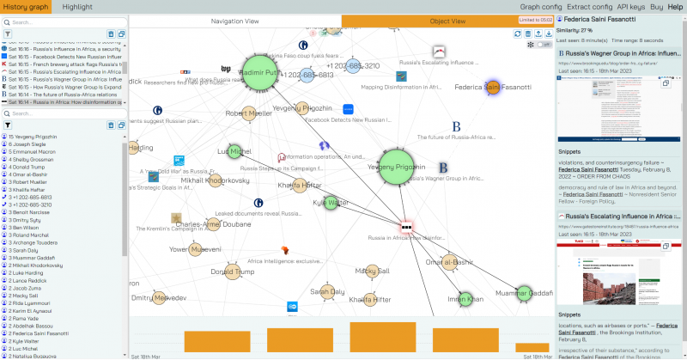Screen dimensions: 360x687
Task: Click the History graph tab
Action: tap(26, 6)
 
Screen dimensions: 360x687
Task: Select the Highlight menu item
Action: tap(77, 6)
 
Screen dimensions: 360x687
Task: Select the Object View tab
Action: tap(447, 20)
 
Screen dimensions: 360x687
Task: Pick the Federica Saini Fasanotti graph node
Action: tap(492, 88)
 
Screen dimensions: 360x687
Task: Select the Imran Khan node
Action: tap(466, 299)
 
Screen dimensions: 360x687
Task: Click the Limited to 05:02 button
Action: tap(533, 20)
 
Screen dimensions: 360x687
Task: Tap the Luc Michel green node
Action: tap(228, 152)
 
